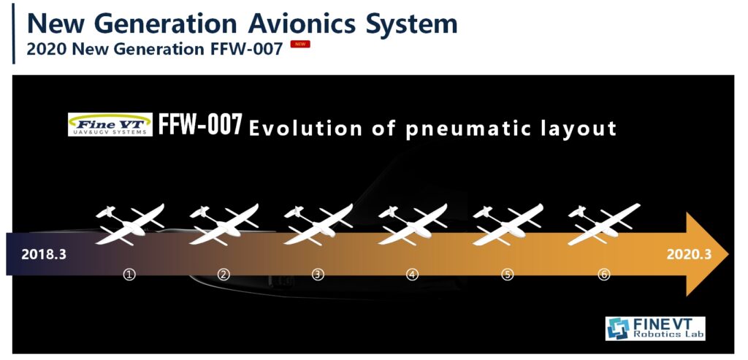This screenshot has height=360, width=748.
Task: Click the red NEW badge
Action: point(300,45)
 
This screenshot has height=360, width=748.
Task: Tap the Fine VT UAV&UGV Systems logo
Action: point(110,124)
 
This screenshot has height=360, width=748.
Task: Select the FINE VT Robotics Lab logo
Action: point(655,328)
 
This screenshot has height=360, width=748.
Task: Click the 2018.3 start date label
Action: point(43,255)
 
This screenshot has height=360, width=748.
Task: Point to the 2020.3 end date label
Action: point(688,254)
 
